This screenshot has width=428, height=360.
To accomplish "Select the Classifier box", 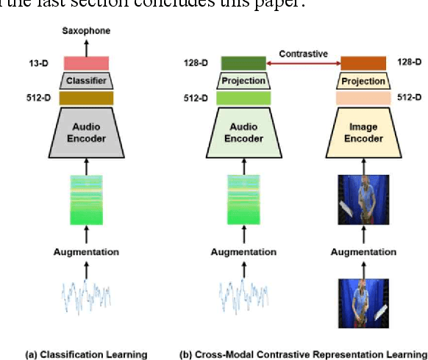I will pyautogui.click(x=86, y=80).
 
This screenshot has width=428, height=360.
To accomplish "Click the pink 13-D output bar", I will pyautogui.click(x=86, y=63).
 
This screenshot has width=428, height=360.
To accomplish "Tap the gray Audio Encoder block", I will pyautogui.click(x=86, y=132).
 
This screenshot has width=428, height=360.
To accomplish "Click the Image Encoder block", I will pyautogui.click(x=363, y=132).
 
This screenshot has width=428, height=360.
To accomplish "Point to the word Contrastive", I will pyautogui.click(x=303, y=54).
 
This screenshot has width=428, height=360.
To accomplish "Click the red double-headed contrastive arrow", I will pyautogui.click(x=303, y=65).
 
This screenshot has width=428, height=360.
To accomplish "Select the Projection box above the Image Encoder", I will pyautogui.click(x=363, y=80).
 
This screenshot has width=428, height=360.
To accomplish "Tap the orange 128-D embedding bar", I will pyautogui.click(x=363, y=64).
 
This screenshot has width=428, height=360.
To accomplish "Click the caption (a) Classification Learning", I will pyautogui.click(x=86, y=354).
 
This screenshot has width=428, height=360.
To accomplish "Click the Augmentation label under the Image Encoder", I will pyautogui.click(x=363, y=252).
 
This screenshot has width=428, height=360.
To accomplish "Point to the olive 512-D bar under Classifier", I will pyautogui.click(x=86, y=98).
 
